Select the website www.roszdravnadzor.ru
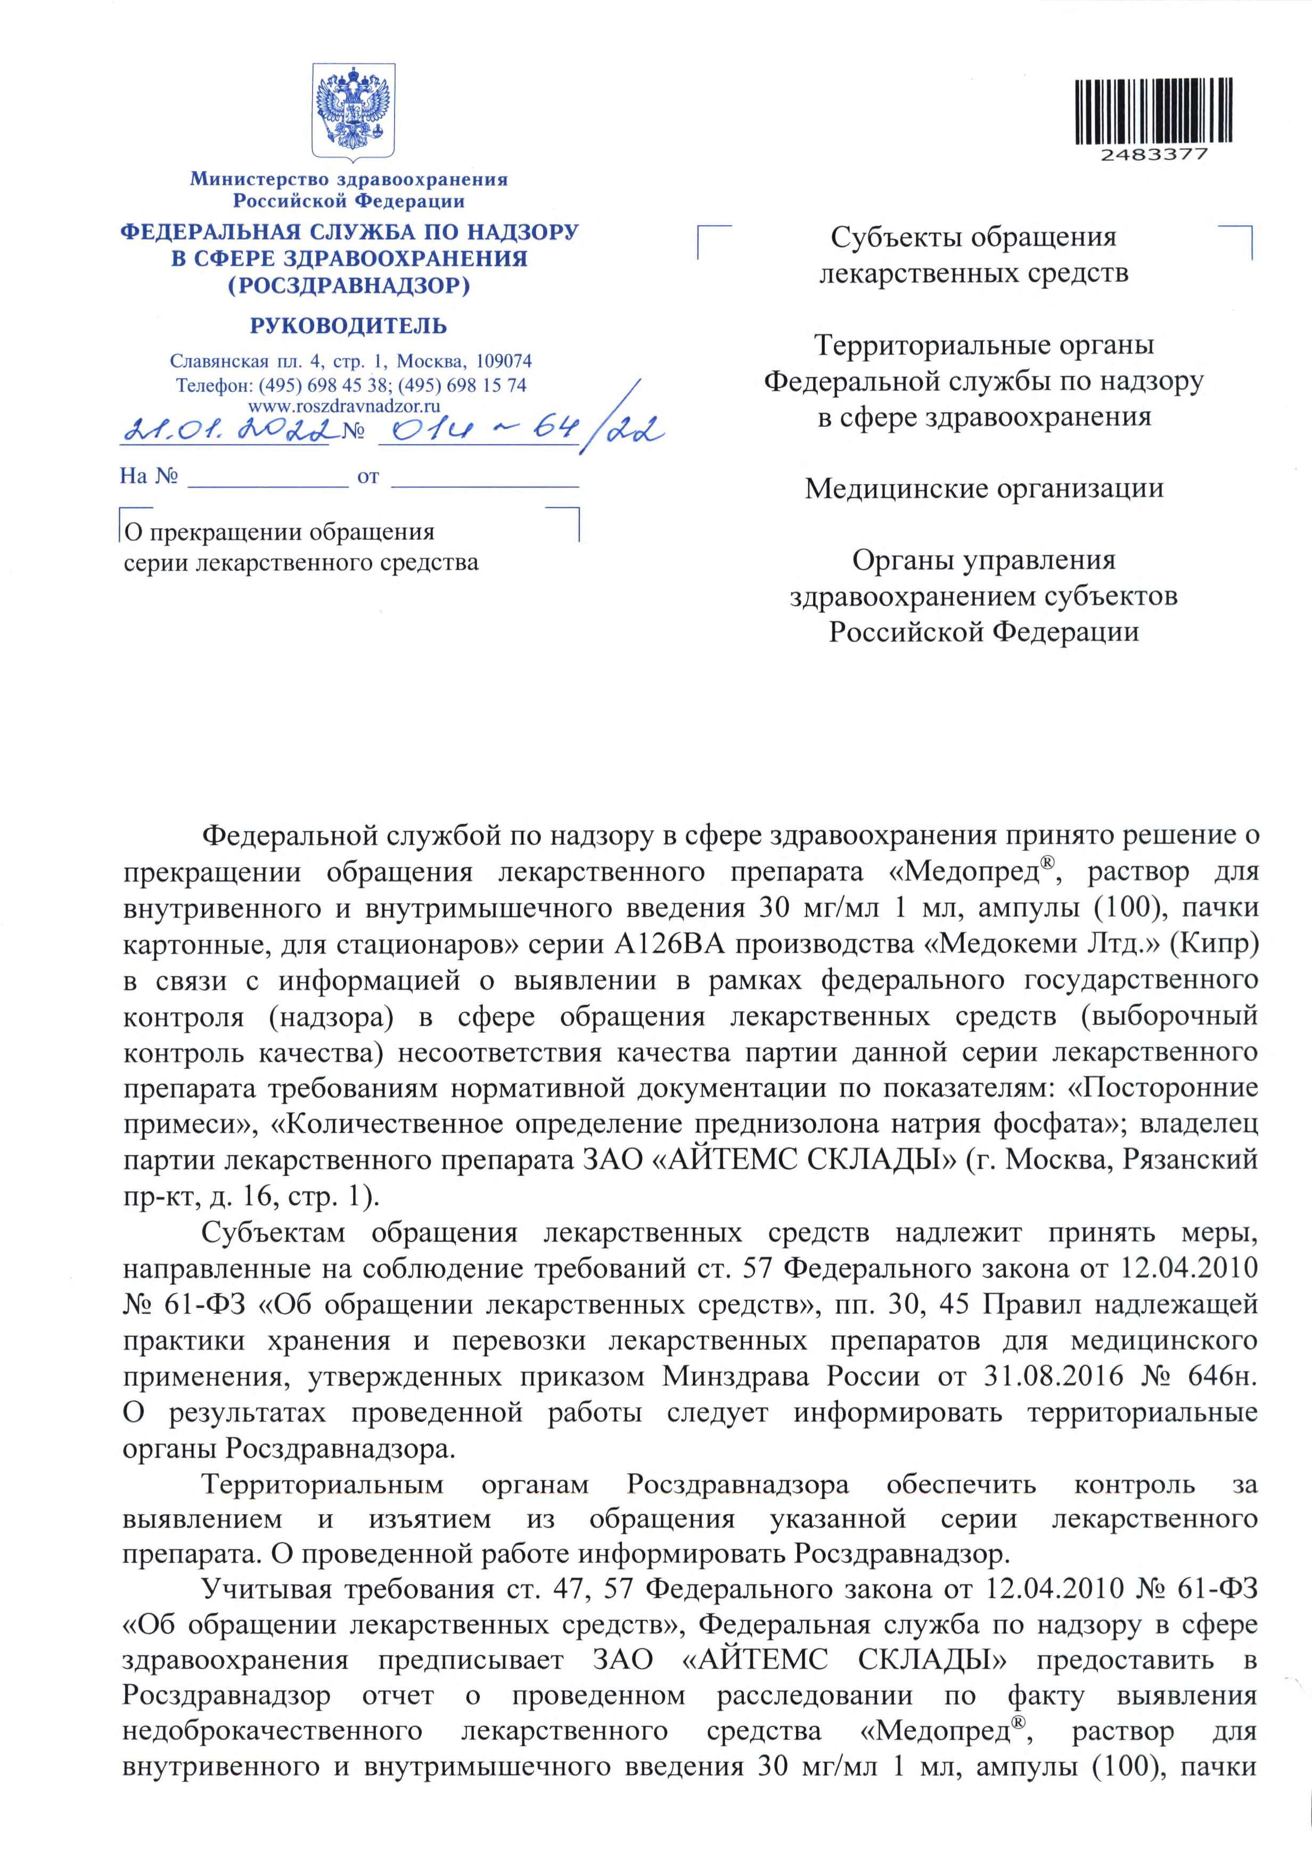(x=344, y=406)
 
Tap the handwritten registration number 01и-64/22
(x=520, y=428)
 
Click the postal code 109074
(x=503, y=360)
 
